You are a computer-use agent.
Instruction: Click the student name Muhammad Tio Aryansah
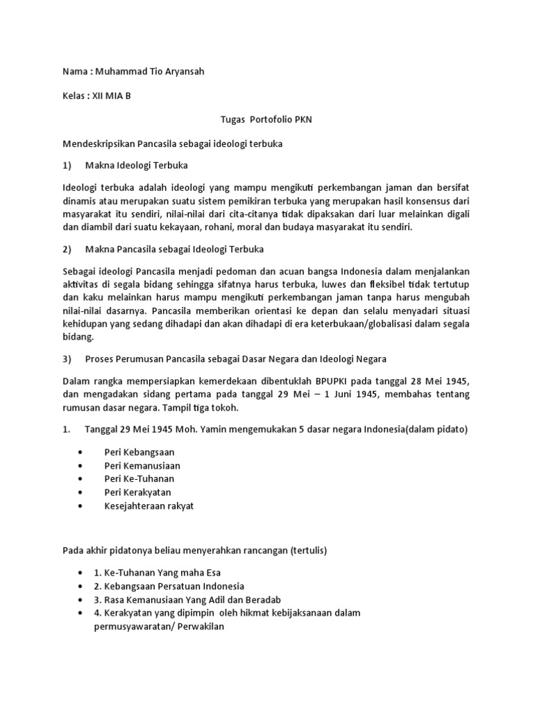click(x=148, y=72)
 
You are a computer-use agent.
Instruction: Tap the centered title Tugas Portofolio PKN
click(x=266, y=120)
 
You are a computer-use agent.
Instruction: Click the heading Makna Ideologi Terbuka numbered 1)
click(x=136, y=166)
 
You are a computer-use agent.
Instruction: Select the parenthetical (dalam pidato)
click(x=432, y=430)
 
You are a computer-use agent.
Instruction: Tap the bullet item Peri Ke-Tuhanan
click(x=139, y=478)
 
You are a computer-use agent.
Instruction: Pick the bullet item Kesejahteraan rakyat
click(x=149, y=505)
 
